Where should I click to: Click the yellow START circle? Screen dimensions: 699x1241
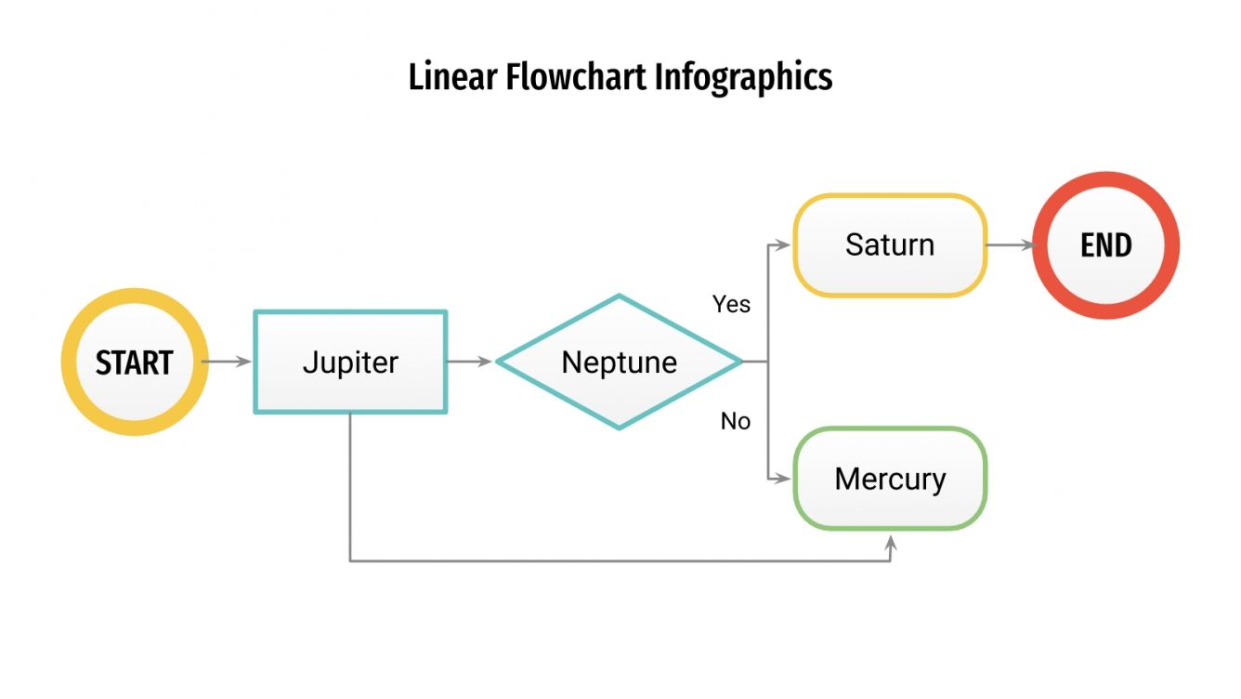point(135,362)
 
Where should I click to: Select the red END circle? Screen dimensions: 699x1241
point(1105,245)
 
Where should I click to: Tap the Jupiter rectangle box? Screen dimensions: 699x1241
point(350,362)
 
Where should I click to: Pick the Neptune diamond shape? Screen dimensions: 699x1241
point(619,362)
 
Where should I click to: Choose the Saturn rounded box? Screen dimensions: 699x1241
point(889,245)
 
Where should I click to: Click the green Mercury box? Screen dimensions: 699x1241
point(889,479)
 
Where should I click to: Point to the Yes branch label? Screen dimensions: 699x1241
point(731,304)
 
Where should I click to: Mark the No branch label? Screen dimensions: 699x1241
point(735,421)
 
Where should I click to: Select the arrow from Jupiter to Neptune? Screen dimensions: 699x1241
point(470,362)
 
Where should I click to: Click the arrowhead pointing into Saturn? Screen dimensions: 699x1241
point(786,245)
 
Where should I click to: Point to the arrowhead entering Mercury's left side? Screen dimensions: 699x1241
point(786,479)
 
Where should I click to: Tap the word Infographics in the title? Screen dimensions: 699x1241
point(743,77)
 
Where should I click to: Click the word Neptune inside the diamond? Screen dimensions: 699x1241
point(619,362)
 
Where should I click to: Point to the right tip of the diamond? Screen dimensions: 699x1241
point(741,362)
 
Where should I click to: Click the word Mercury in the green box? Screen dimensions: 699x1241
point(889,479)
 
